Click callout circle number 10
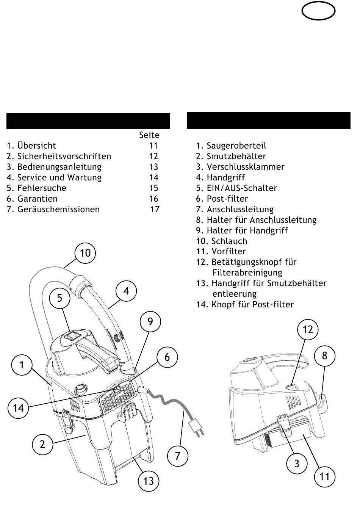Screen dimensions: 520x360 (85, 253)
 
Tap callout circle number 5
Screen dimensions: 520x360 (59, 298)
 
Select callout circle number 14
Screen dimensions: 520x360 (18, 408)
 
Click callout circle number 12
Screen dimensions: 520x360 (308, 329)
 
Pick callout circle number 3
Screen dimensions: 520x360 (297, 463)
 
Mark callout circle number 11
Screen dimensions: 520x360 (325, 476)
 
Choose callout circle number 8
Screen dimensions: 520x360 (324, 356)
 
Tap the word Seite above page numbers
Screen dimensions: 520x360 (149, 135)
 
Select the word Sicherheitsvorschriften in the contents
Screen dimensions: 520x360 (64, 156)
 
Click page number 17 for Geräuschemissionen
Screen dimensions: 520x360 (155, 209)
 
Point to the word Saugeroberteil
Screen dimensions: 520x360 (236, 146)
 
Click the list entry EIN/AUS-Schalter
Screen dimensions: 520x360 (242, 188)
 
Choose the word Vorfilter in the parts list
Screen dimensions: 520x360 (229, 251)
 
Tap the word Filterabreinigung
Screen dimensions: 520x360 (247, 273)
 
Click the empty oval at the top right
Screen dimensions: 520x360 (318, 12)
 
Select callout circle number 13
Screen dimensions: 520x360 (149, 481)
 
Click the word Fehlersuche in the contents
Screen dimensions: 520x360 (42, 188)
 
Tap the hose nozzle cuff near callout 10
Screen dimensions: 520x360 (81, 285)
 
